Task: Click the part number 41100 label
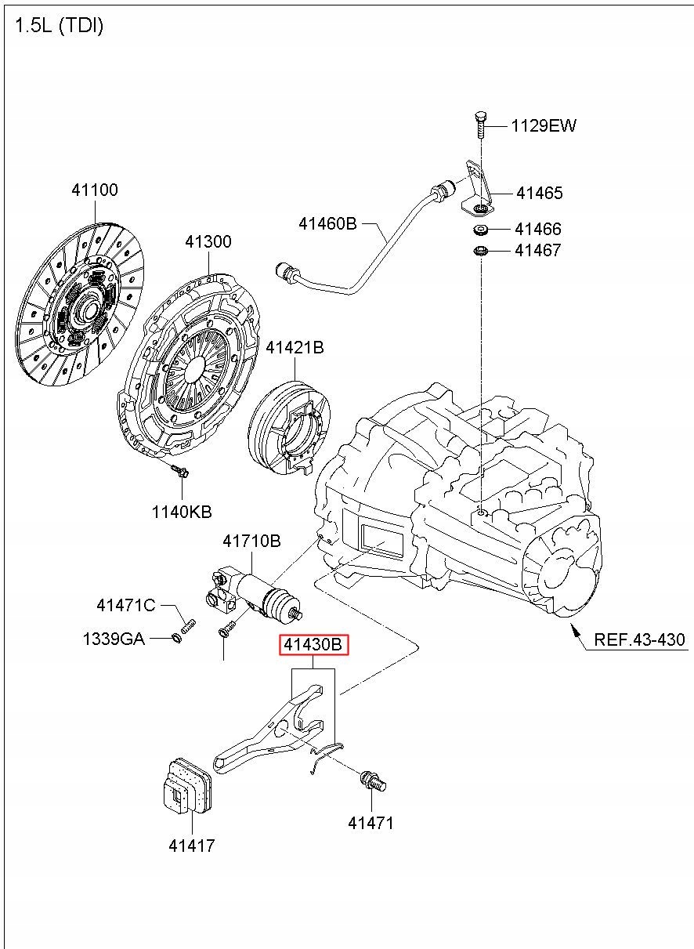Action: pyautogui.click(x=95, y=190)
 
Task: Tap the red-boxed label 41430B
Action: pyautogui.click(x=313, y=644)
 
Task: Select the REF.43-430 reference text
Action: pyautogui.click(x=639, y=639)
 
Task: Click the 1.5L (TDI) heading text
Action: pyautogui.click(x=59, y=26)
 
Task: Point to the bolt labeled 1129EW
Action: pyautogui.click(x=481, y=125)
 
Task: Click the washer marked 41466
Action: pyautogui.click(x=480, y=230)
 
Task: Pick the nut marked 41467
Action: pyautogui.click(x=480, y=251)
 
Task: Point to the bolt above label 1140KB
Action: pyautogui.click(x=180, y=470)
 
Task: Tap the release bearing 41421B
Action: pyautogui.click(x=289, y=428)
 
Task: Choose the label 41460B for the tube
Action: pyautogui.click(x=327, y=223)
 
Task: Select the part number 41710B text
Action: pyautogui.click(x=251, y=541)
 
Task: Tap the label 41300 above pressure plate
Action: pyautogui.click(x=208, y=241)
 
